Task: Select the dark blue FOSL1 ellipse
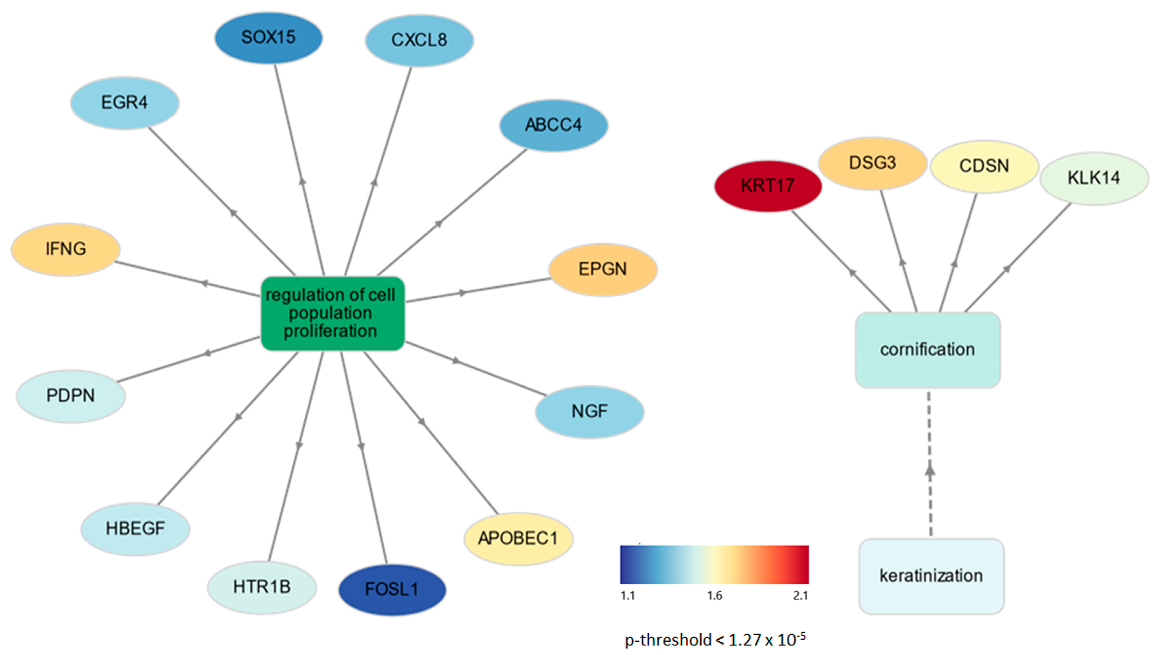point(392,589)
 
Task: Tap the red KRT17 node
point(768,186)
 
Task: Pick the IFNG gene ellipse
point(65,249)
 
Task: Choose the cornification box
point(927,350)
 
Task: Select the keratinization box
point(931,576)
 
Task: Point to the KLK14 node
point(1094,178)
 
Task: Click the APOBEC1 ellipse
point(518,539)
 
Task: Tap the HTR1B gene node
point(262,587)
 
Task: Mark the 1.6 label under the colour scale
point(714,596)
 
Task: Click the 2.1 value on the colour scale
point(800,596)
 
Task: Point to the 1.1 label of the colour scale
point(628,596)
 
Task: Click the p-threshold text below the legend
point(715,639)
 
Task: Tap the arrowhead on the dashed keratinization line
point(929,470)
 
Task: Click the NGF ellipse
point(589,411)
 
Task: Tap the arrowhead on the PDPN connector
point(206,353)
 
